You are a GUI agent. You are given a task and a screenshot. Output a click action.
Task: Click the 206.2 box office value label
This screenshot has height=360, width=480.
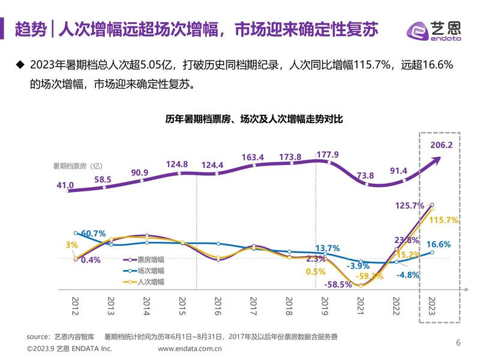pyautogui.click(x=442, y=145)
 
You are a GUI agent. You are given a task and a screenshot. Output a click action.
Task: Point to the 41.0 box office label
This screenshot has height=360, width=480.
pyautogui.click(x=65, y=186)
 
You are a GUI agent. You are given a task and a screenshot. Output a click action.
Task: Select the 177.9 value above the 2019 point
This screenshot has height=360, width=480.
pyautogui.click(x=328, y=155)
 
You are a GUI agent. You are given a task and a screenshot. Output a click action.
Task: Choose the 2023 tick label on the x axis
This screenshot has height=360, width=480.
pyautogui.click(x=431, y=307)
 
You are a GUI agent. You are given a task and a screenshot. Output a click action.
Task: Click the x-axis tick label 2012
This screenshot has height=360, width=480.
pyautogui.click(x=75, y=307)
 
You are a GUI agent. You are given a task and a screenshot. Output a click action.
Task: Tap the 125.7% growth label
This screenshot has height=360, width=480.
pyautogui.click(x=410, y=206)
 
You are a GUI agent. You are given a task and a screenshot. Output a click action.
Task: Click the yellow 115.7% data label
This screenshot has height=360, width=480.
pyautogui.click(x=445, y=220)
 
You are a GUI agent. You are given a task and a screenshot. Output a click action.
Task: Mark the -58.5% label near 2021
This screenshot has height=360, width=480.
pyautogui.click(x=337, y=285)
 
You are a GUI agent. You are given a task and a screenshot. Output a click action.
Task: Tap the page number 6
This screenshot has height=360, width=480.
pyautogui.click(x=458, y=343)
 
